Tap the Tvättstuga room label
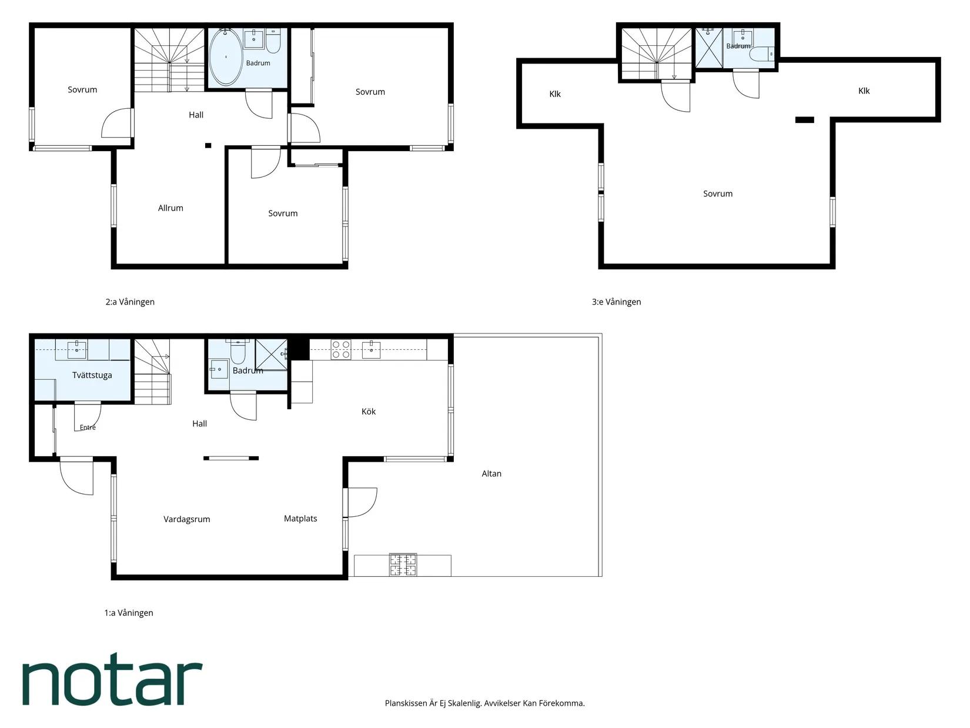[92, 375]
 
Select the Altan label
[491, 473]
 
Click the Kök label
[369, 412]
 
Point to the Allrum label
[170, 208]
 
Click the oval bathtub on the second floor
[225, 58]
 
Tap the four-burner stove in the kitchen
[341, 349]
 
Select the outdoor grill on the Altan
[403, 565]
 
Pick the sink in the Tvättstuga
[77, 349]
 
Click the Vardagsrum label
[187, 519]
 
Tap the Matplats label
[300, 519]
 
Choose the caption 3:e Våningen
[617, 302]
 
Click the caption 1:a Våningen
[129, 613]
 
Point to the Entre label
[88, 428]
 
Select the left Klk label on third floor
[555, 93]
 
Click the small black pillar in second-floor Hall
[208, 145]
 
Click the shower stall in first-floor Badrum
[272, 355]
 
